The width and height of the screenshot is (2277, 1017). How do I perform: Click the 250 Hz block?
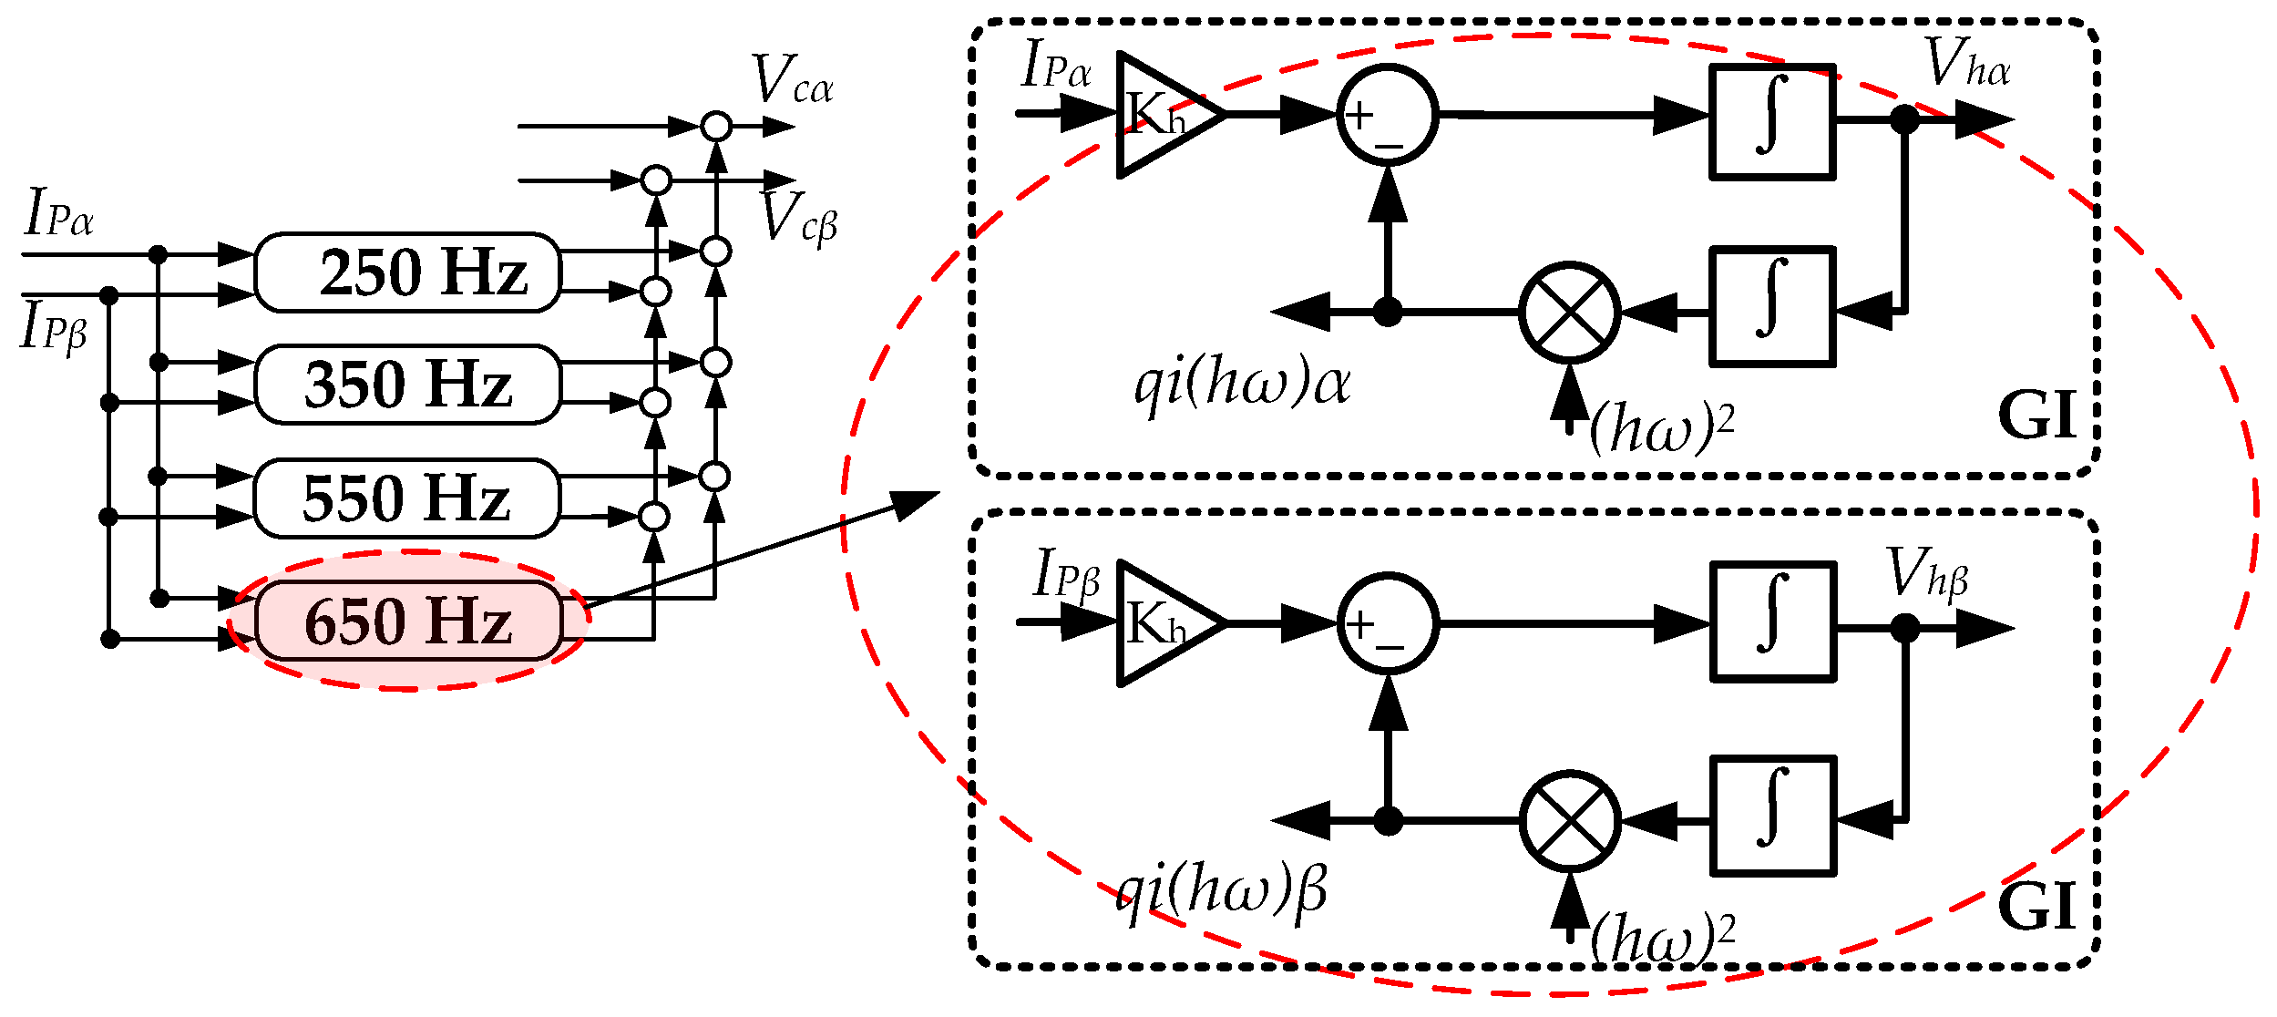click(x=407, y=273)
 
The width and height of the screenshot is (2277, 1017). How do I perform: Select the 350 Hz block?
click(x=407, y=385)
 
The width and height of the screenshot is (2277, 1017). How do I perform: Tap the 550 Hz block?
click(x=406, y=498)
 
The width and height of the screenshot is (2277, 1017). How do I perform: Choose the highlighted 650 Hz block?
click(x=408, y=621)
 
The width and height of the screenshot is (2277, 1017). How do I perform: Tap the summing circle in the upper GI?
click(x=1387, y=115)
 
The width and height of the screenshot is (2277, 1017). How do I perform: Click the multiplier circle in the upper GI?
click(x=1569, y=313)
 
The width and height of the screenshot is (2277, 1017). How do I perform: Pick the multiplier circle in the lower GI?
click(x=1569, y=821)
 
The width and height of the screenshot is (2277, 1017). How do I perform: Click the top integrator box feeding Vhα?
click(x=1772, y=122)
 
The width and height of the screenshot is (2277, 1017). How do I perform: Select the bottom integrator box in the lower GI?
click(x=1772, y=816)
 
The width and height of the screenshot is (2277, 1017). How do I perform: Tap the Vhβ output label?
click(x=1926, y=574)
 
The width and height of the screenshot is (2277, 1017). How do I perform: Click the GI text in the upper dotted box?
click(x=2037, y=416)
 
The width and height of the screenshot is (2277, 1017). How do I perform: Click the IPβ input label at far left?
click(x=53, y=326)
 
